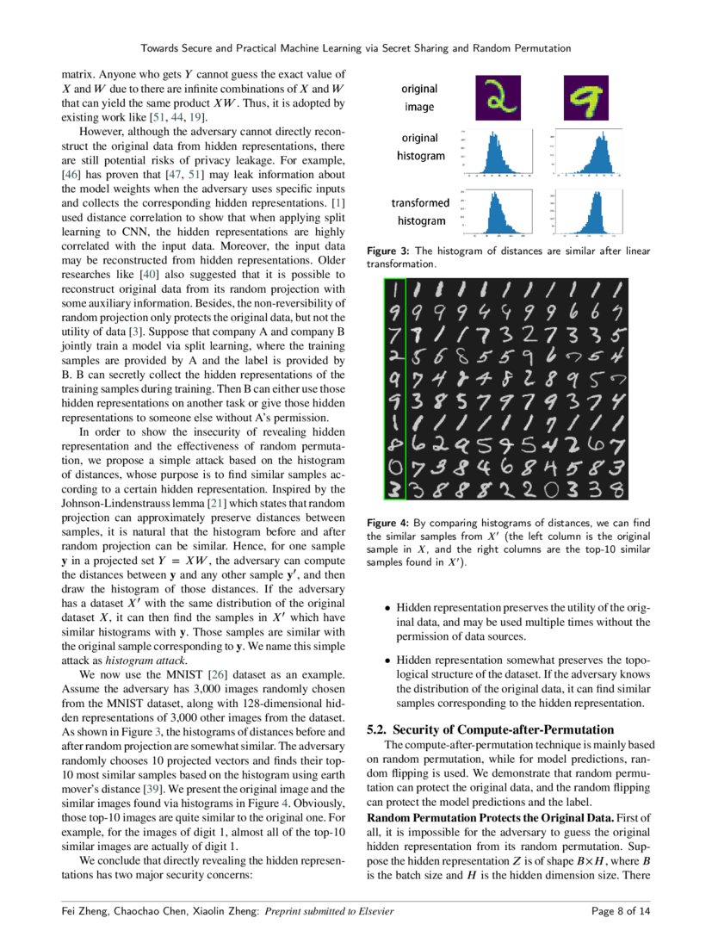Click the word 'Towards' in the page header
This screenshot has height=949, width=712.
161,48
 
